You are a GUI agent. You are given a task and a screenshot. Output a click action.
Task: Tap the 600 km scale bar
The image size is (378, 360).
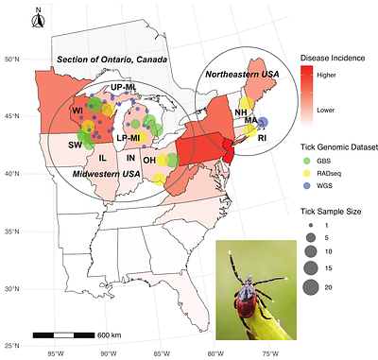[54, 335]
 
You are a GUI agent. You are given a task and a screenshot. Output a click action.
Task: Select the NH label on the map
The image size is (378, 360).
[241, 111]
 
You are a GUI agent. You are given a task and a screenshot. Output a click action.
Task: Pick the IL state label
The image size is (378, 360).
[101, 157]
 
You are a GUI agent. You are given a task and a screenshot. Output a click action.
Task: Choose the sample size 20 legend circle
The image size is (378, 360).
[309, 288]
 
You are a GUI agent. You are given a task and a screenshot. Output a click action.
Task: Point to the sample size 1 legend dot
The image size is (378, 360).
[309, 225]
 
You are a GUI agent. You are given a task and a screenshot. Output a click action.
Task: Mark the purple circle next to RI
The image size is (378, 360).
[264, 122]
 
